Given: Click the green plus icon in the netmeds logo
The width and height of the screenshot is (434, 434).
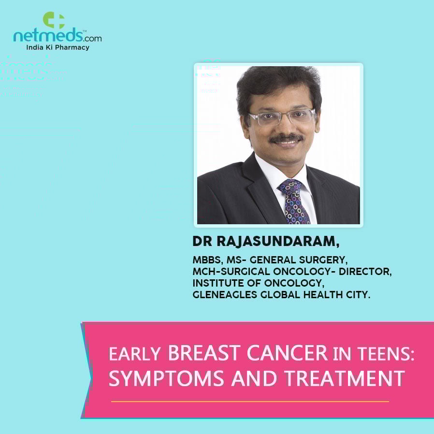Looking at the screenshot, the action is (x=54, y=20).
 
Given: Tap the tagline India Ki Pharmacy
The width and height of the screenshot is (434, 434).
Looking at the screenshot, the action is (x=58, y=47).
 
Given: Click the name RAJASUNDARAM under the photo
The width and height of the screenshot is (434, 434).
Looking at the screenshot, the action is (x=278, y=241).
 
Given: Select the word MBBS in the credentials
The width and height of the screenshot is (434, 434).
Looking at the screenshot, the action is (x=207, y=260).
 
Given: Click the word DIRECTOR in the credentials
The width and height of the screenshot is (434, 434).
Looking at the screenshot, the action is (x=365, y=272).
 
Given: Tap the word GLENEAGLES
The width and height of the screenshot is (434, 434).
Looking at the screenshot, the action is (x=225, y=295).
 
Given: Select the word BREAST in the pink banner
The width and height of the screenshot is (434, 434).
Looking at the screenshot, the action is (x=204, y=353).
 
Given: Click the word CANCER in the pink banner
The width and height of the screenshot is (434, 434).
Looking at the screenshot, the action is (x=287, y=353).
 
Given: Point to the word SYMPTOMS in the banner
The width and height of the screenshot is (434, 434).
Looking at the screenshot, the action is (x=166, y=378).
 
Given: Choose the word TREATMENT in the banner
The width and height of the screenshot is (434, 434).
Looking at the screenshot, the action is (x=345, y=378).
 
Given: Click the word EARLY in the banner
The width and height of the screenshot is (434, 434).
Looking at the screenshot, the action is (x=135, y=354).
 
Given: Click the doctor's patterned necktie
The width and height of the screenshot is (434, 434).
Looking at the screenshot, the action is (x=294, y=202).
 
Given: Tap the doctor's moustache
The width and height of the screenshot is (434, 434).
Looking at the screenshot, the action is (x=286, y=138).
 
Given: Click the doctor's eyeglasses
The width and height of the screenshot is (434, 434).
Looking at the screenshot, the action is (x=282, y=117).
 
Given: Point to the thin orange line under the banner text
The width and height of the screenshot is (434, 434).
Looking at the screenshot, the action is (x=250, y=401).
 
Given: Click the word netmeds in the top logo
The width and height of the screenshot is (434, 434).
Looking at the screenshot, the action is (x=48, y=36).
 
